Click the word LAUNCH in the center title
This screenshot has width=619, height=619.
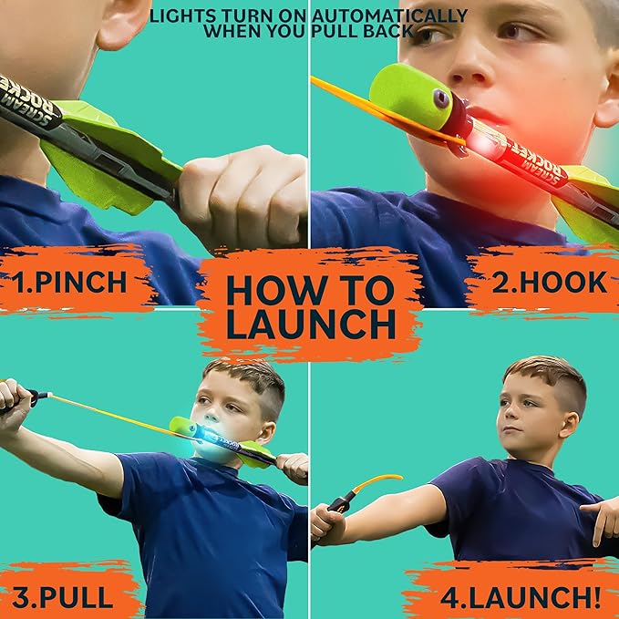310,323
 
